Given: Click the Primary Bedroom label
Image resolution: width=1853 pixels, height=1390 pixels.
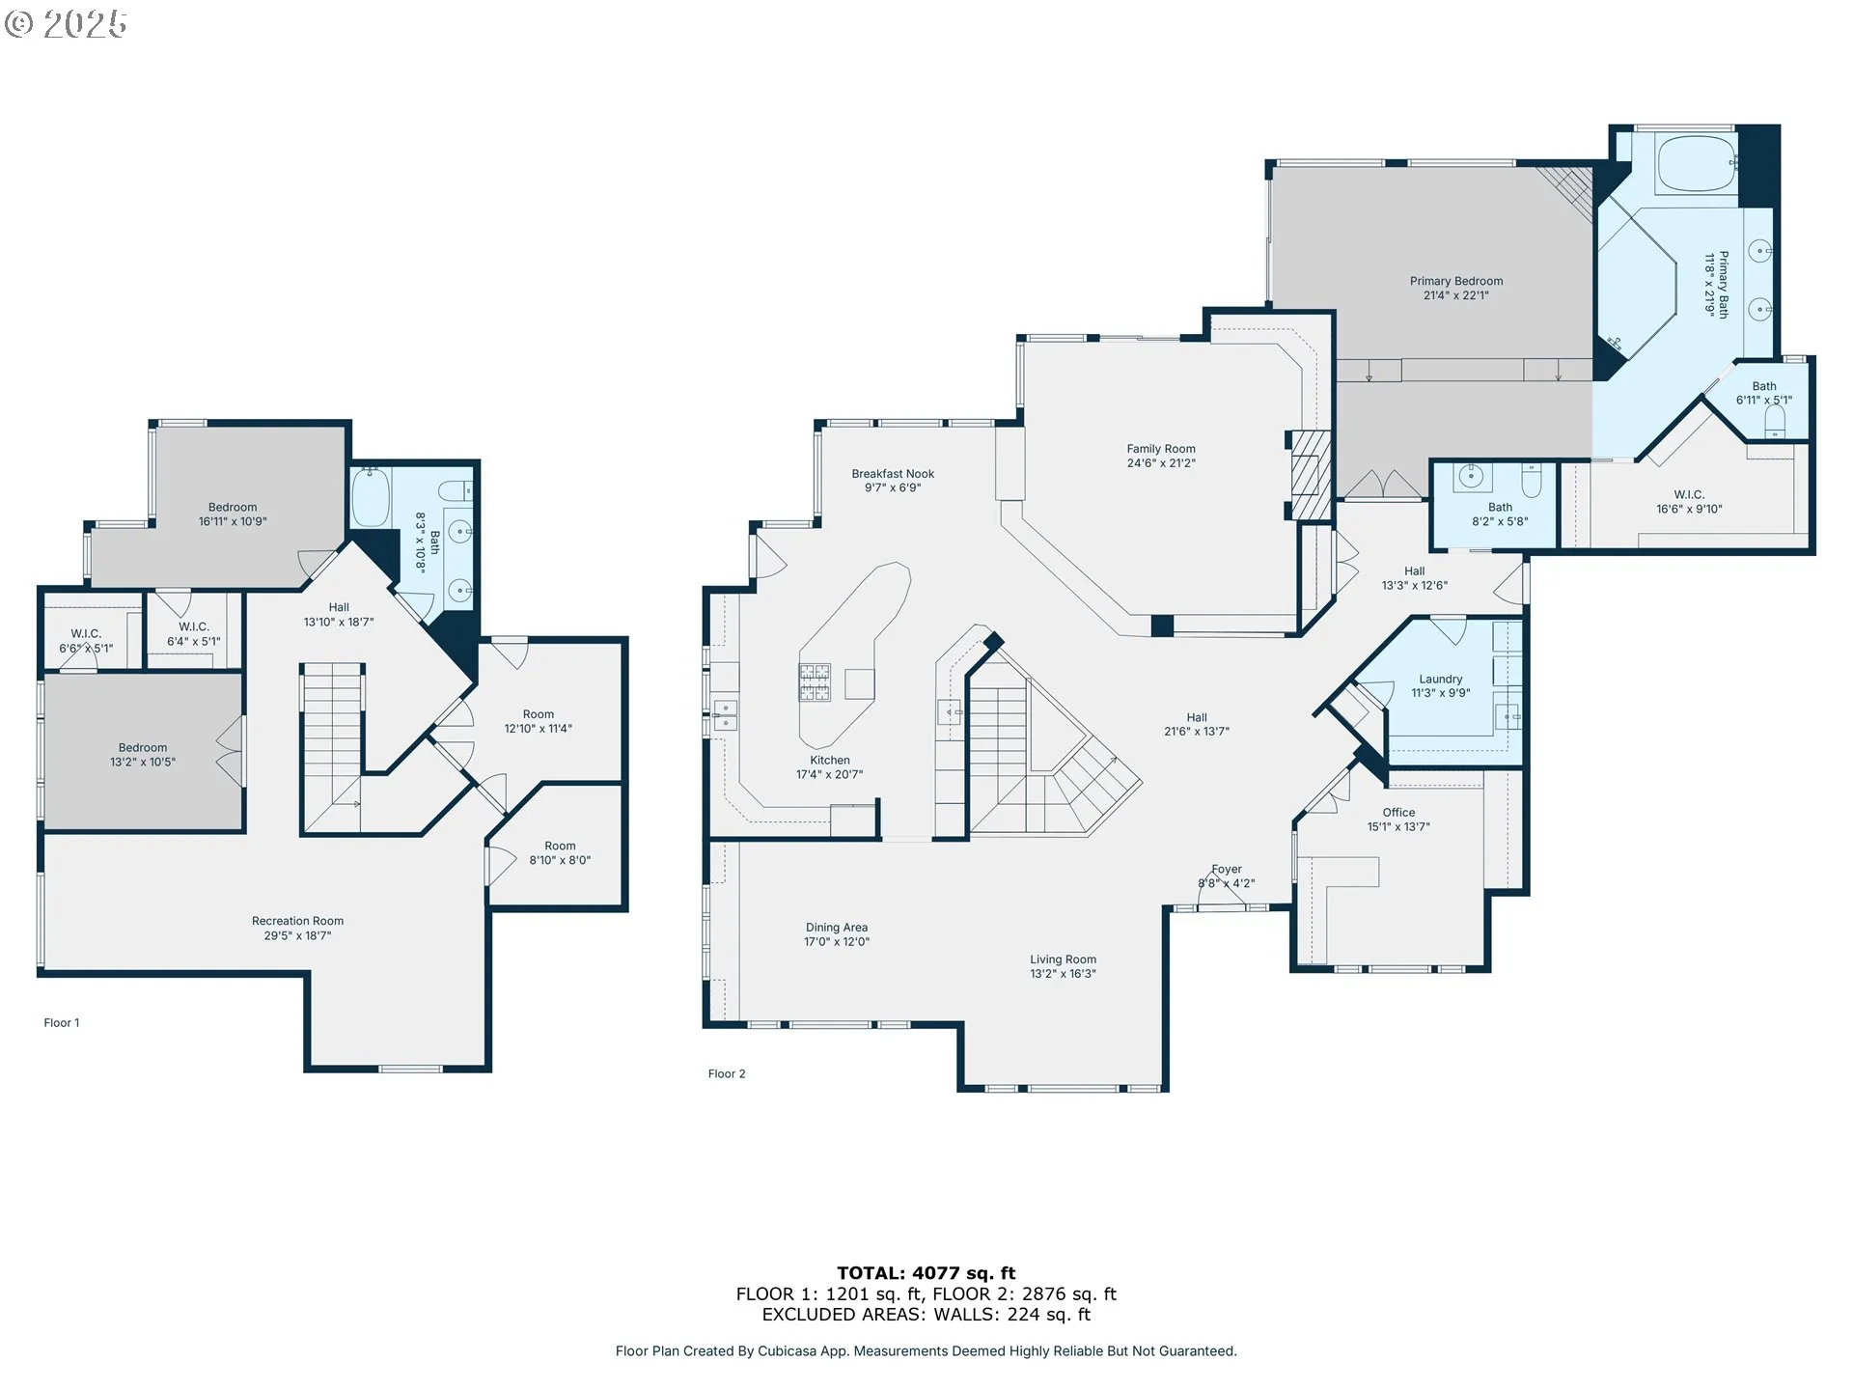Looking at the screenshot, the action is [1455, 281].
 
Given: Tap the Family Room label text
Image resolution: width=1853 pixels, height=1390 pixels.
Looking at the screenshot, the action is [1161, 449].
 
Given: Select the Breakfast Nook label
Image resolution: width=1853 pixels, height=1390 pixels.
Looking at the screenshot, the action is [893, 474].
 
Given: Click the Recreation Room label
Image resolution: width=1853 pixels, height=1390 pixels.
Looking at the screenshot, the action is [297, 921].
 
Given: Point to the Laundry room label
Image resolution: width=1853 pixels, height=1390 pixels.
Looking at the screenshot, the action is [1441, 680].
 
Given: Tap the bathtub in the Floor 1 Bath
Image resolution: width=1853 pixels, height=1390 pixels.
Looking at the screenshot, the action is [370, 496].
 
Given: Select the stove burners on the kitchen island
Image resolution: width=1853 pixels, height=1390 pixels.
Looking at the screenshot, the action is [814, 681].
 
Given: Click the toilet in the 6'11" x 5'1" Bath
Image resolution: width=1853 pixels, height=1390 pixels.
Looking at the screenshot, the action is [1775, 421].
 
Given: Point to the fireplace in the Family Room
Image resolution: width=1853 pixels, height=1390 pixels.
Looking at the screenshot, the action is [1312, 476].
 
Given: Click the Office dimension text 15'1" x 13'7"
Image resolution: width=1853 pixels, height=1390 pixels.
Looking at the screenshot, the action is [1398, 827].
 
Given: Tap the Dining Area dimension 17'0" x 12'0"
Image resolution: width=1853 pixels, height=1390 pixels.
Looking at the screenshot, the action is [837, 942].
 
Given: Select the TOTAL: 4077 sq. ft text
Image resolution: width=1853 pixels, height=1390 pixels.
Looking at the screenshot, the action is [926, 1273].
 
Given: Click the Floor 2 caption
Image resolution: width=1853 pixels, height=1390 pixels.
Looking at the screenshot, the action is [727, 1073].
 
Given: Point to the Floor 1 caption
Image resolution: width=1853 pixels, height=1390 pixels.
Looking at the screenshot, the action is [62, 1023].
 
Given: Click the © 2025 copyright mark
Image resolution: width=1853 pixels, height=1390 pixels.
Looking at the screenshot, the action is [66, 24].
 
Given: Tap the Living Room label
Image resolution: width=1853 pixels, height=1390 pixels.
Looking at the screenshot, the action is [1063, 959].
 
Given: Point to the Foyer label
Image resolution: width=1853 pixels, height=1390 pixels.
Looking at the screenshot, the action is [1227, 870].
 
